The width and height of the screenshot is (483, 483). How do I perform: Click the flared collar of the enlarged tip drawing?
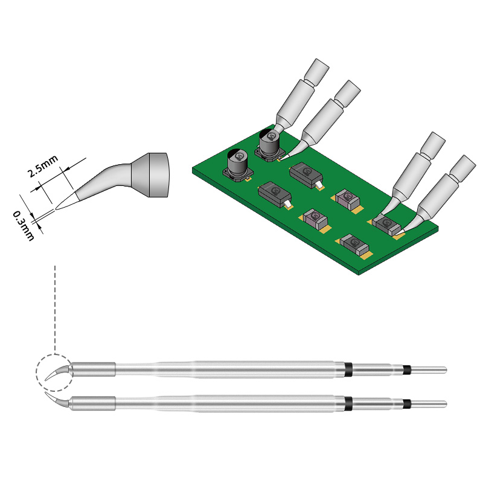tap(151, 176)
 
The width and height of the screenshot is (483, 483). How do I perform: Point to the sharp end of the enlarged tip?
tap(56, 209)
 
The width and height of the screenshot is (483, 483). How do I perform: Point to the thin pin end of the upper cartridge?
tap(429, 369)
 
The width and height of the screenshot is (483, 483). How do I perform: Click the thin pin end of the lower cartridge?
tap(429, 403)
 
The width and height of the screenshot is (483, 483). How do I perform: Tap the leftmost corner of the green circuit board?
tap(193, 169)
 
